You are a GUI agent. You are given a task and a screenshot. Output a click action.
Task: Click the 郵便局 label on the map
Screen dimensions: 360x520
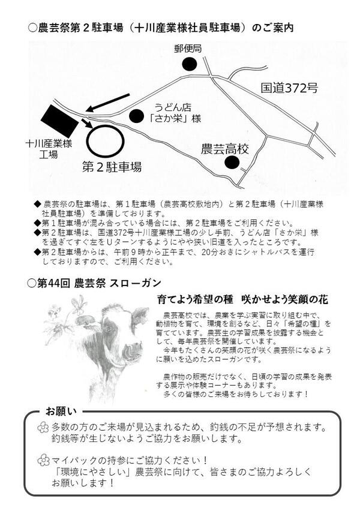pos(188,49)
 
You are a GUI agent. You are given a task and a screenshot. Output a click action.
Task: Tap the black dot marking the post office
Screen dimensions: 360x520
pos(190,64)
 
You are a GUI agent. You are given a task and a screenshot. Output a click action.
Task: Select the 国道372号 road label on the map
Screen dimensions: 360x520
pos(289,88)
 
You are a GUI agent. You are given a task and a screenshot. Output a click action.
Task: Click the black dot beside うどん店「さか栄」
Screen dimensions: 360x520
pos(136,116)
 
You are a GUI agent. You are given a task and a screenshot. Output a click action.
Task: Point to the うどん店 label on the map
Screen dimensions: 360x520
pos(173,107)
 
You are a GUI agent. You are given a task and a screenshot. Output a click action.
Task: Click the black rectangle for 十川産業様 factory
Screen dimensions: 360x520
pos(60,121)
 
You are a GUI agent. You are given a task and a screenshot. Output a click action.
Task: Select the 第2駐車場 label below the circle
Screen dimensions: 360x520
pos(112,167)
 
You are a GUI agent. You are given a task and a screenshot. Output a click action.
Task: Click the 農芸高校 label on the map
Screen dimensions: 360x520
pos(225,149)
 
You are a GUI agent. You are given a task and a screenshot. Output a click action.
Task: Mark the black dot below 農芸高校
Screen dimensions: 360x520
pos(232,163)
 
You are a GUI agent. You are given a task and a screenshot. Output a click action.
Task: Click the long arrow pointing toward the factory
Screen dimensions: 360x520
pos(107,103)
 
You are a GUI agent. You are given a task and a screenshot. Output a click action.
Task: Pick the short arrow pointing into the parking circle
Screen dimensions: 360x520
pos(87,123)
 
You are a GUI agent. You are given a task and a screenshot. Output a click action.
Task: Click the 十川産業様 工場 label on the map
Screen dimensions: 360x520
pos(49,149)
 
